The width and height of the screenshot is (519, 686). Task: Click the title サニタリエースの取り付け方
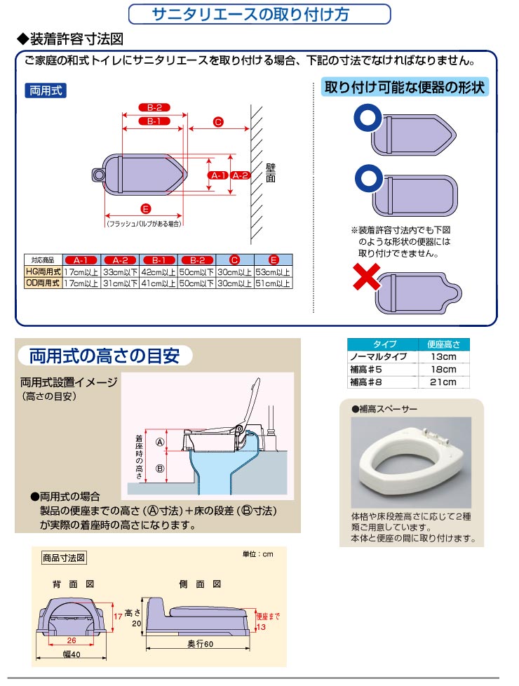tap(259, 15)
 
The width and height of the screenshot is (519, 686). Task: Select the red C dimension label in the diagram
tap(217, 122)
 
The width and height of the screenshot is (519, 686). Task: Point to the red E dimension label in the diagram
tap(144, 208)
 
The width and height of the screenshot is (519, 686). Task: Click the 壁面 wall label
tap(271, 173)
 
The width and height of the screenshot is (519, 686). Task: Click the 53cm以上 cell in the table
tap(272, 271)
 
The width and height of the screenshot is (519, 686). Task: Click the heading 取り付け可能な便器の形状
tap(405, 88)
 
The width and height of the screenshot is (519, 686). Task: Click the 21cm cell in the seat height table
tap(443, 382)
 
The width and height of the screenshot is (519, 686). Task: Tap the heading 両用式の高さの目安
tap(105, 355)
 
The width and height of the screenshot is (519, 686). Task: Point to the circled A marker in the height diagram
tap(159, 442)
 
